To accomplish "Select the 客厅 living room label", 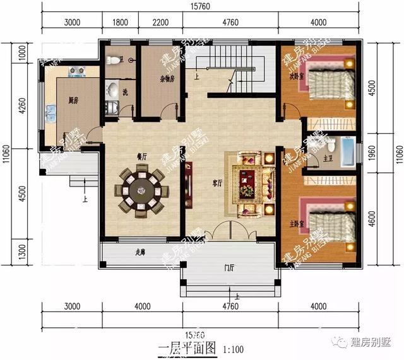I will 218,183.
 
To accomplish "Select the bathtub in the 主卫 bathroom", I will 346,151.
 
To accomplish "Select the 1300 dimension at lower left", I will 21,252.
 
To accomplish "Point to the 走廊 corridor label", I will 140,253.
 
